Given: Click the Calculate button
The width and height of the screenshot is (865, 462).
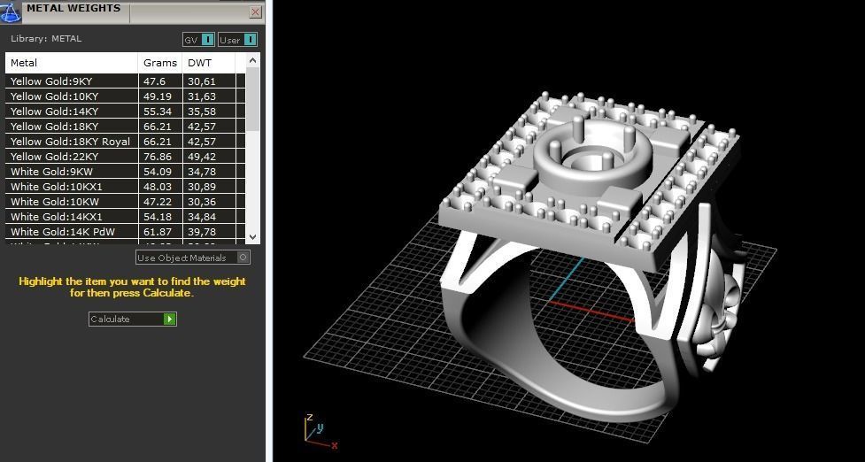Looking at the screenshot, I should tap(133, 319).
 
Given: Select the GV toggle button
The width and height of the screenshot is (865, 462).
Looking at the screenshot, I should tap(198, 40).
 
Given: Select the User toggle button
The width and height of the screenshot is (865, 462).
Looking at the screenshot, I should tap(237, 40).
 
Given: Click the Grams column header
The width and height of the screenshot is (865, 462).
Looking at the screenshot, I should tap(160, 63).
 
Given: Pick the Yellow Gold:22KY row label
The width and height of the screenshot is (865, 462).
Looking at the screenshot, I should tap(54, 157).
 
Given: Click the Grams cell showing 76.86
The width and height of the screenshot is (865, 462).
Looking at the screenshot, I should tap(158, 157).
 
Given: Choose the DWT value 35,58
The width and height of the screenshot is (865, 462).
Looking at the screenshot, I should tap(202, 112).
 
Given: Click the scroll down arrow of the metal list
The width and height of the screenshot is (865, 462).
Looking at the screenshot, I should tap(253, 236).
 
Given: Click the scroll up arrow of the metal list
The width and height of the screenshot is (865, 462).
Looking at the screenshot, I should tap(253, 60).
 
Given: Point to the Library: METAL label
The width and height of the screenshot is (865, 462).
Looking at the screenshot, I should tap(46, 39).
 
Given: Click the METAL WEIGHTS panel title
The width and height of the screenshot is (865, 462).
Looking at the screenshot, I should tap(73, 9).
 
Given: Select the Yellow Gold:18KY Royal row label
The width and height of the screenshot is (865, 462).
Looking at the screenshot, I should tap(70, 142).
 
